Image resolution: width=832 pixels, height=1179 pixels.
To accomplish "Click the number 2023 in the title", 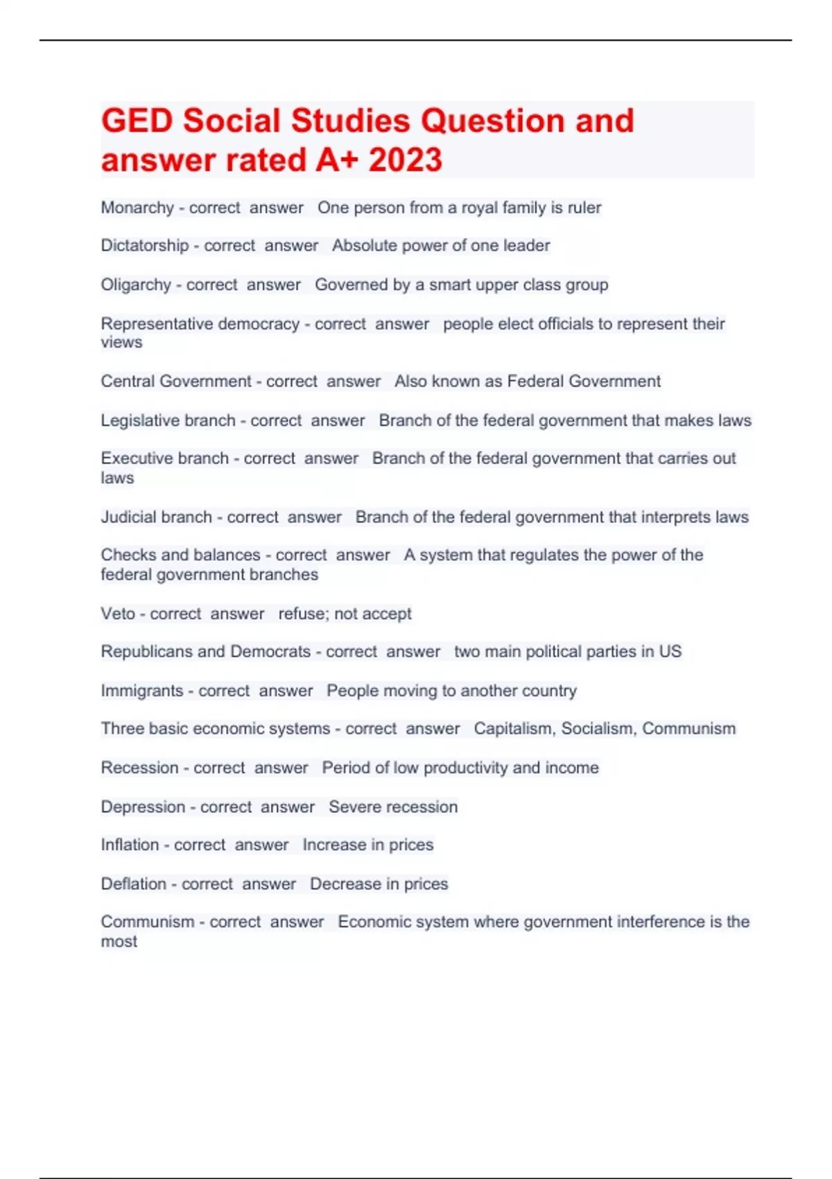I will (x=405, y=160).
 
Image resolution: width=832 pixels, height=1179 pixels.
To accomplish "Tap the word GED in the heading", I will (x=137, y=121).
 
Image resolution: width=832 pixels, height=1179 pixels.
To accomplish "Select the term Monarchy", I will (x=137, y=208).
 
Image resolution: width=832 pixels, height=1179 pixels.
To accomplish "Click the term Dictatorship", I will (x=145, y=246).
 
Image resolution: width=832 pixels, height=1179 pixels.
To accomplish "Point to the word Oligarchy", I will (x=136, y=285).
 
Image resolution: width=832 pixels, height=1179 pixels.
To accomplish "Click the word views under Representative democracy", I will (x=121, y=343).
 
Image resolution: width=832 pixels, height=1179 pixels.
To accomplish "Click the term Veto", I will (x=118, y=614).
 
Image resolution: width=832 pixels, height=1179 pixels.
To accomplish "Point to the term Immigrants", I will (x=142, y=691).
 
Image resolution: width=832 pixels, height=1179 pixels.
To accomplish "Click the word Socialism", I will (x=598, y=729).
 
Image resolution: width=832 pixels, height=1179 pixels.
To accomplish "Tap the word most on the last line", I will (x=119, y=942).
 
